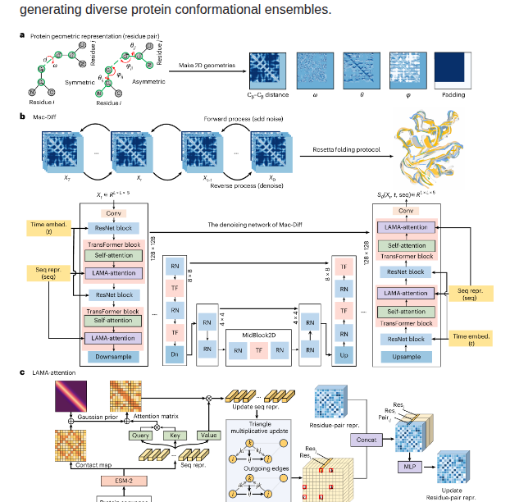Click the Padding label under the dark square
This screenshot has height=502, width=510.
pyautogui.click(x=453, y=95)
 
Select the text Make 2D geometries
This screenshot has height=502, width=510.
pyautogui.click(x=207, y=65)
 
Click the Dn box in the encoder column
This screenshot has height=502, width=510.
pyautogui.click(x=174, y=354)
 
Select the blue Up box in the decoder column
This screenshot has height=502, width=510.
pyautogui.click(x=344, y=354)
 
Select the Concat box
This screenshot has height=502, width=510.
pyautogui.click(x=367, y=440)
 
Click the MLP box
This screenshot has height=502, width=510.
pyautogui.click(x=408, y=467)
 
